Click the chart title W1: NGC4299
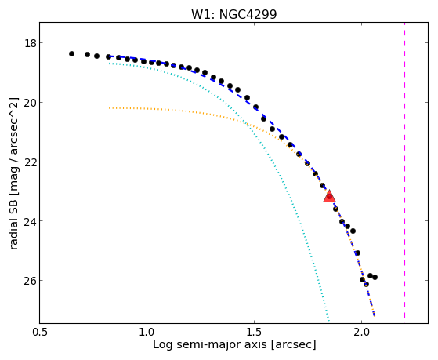tap(234, 14)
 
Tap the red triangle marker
tap(329, 196)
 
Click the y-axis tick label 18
tap(30, 43)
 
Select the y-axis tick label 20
tap(30, 103)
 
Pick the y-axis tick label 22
tap(30, 162)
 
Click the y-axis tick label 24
tap(30, 221)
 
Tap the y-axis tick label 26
tap(30, 281)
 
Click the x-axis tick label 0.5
tap(40, 332)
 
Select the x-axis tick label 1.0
tap(147, 332)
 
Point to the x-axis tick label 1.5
tap(254, 332)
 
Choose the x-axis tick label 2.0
tap(361, 332)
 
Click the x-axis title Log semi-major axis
tap(209, 344)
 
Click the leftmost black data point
tap(71, 53)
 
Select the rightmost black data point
tap(375, 277)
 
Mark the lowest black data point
tap(366, 285)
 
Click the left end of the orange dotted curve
tap(109, 107)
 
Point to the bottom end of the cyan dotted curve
tap(329, 321)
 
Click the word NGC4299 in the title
tap(248, 14)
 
